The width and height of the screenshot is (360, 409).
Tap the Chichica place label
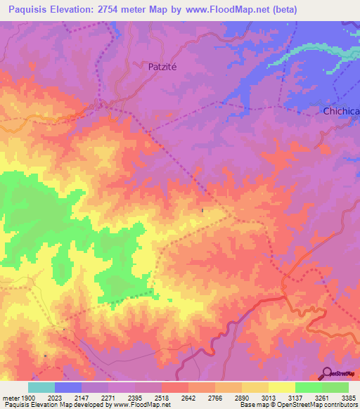[340, 111]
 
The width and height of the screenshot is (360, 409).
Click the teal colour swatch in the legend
[41, 387]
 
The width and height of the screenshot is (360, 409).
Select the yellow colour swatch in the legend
[282, 387]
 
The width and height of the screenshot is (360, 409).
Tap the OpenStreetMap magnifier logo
[327, 373]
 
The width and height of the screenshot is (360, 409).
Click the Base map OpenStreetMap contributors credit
[298, 405]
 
